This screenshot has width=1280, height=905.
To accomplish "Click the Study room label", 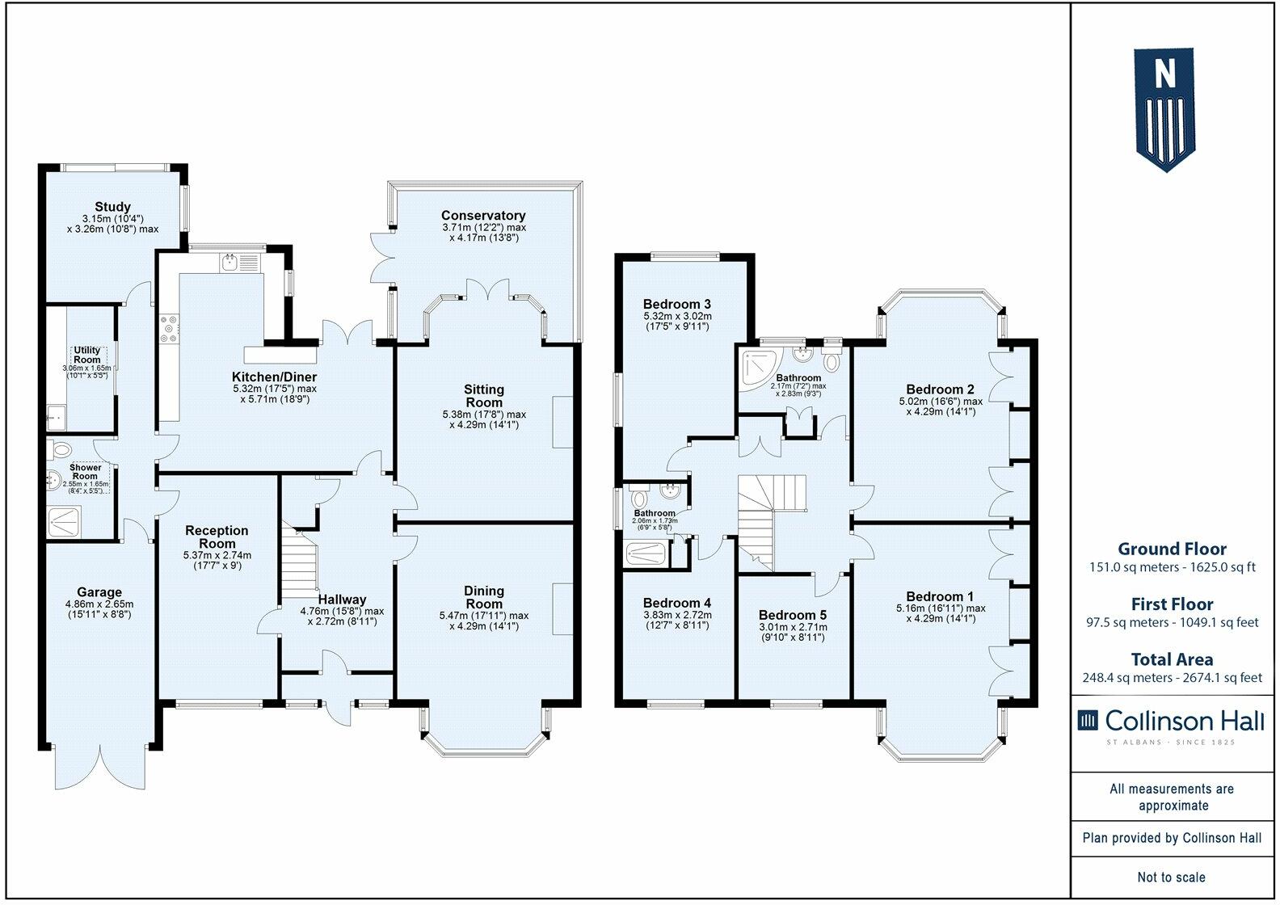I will (x=112, y=207).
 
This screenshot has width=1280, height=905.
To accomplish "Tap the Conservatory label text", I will (x=483, y=216).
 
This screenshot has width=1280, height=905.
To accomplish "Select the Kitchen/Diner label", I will (x=274, y=377).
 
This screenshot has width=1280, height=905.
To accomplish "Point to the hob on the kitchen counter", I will (x=171, y=330).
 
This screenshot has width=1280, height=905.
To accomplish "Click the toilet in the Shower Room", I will (x=61, y=448).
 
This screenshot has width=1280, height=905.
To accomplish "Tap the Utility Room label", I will (x=87, y=355).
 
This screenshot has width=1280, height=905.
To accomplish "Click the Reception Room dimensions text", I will (x=217, y=560).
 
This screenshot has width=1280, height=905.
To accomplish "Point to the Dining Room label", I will (x=483, y=597).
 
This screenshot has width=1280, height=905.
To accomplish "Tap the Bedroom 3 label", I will (x=676, y=304).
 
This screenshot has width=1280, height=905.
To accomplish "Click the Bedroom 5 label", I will (x=792, y=615).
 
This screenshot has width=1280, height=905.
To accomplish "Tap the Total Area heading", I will (x=1172, y=659).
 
